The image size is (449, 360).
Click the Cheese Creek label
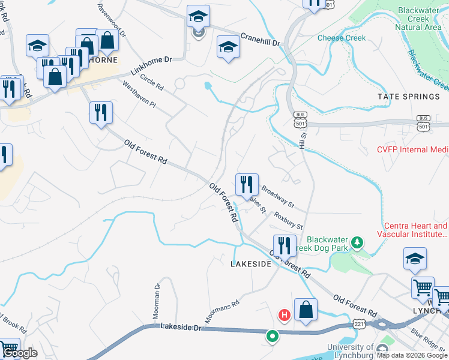pyautogui.click(x=341, y=38)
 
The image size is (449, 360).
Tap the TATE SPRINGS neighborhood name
pyautogui.click(x=408, y=97)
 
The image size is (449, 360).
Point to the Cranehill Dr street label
pyautogui.click(x=260, y=40)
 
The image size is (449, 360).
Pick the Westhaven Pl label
pyautogui.click(x=139, y=95)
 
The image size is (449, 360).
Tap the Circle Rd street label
pyautogui.click(x=151, y=82)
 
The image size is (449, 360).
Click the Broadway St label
pyautogui.click(x=277, y=196)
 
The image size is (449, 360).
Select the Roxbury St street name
pyautogui.click(x=288, y=220)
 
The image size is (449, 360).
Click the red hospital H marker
pyautogui.click(x=284, y=314)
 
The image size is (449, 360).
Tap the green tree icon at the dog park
pyautogui.click(x=358, y=242)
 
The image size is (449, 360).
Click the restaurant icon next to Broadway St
pyautogui.click(x=247, y=184)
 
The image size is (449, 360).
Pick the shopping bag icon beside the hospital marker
pyautogui.click(x=306, y=310)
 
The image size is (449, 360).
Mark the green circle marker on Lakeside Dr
pyautogui.click(x=272, y=337)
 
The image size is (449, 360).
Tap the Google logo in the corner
pyautogui.click(x=20, y=353)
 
